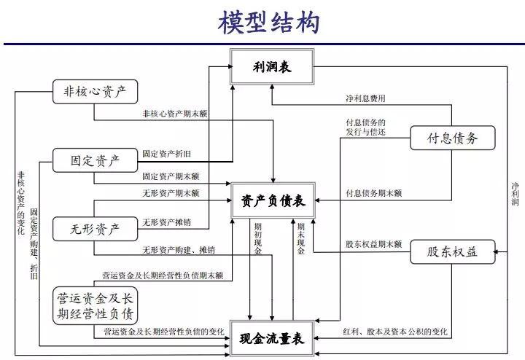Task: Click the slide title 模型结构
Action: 269,22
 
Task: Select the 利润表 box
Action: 272,68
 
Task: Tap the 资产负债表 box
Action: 273,200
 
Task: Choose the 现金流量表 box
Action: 273,338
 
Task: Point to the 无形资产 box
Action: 96,228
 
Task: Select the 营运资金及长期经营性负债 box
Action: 96,306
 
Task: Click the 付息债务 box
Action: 451,138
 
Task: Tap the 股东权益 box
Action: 451,252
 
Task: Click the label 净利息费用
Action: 365,98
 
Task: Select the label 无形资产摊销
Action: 167,223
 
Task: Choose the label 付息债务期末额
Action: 373,193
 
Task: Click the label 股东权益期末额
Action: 373,245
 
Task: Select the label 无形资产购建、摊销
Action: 178,249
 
